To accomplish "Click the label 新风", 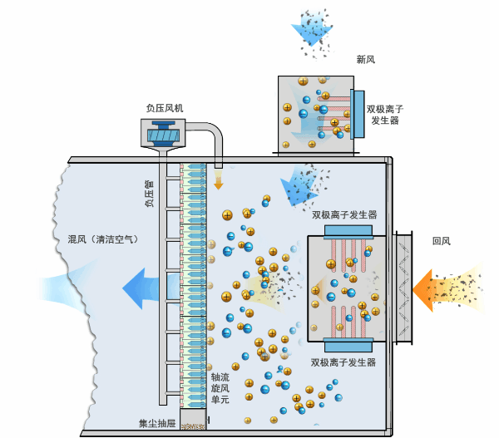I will pos(367,60).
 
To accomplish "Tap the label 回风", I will pos(441,242).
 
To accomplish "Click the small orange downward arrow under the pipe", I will pos(220,178).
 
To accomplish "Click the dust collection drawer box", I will pos(193,421).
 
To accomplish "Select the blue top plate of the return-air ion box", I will pos(348,229).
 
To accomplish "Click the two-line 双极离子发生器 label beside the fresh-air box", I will pos(388,114).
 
